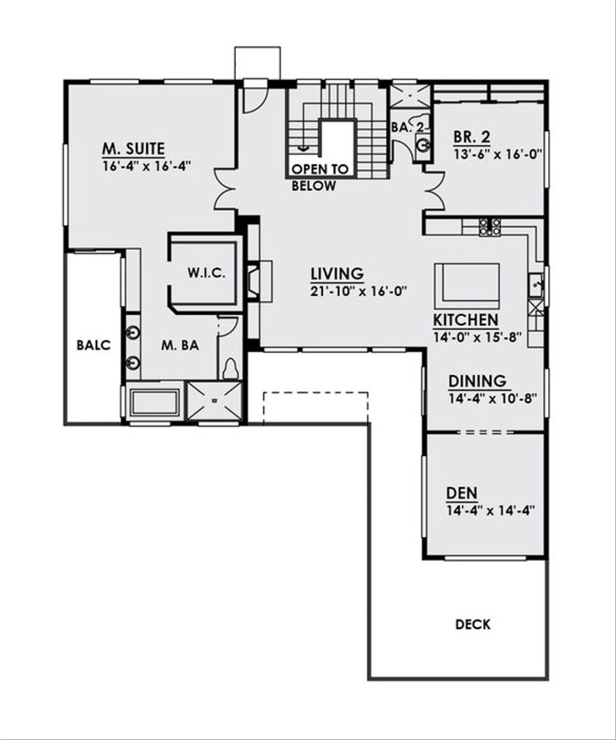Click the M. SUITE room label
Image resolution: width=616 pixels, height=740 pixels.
(x=134, y=149)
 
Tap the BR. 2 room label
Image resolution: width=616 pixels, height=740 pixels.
(x=472, y=137)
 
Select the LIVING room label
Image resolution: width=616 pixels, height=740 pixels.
(x=337, y=273)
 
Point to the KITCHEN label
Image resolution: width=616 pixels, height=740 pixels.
(x=466, y=320)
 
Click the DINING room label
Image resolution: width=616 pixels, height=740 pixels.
(x=478, y=381)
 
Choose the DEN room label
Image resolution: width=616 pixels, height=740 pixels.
(x=462, y=493)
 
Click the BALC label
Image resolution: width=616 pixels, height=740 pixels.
(x=94, y=345)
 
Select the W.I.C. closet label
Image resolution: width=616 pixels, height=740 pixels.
(x=206, y=273)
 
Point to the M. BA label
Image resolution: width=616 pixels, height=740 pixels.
(x=180, y=345)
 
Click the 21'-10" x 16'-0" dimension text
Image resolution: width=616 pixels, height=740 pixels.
(x=357, y=291)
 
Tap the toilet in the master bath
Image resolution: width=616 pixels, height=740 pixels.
(x=230, y=369)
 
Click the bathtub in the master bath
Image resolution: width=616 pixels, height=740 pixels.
(x=155, y=402)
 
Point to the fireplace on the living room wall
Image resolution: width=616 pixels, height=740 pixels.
(x=259, y=281)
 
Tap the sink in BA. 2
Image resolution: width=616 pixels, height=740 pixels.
(x=423, y=145)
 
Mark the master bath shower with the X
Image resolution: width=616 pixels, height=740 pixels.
(x=214, y=401)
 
